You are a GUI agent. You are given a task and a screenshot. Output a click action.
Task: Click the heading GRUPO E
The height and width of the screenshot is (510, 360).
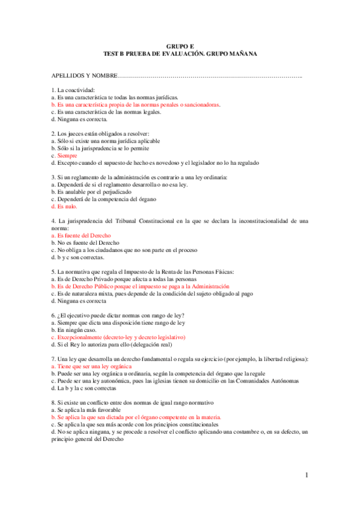click(180, 46)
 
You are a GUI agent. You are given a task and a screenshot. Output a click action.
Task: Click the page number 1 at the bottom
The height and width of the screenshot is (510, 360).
click(306, 476)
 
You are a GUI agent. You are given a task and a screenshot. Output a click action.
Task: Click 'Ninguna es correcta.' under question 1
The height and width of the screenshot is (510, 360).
click(79, 118)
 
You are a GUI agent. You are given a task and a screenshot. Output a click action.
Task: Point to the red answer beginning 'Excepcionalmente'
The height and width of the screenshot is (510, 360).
click(120, 337)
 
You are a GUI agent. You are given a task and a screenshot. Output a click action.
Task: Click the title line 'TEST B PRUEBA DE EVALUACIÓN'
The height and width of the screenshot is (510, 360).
click(180, 54)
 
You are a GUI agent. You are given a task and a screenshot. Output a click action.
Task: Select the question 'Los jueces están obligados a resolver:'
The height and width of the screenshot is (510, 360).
click(100, 134)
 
